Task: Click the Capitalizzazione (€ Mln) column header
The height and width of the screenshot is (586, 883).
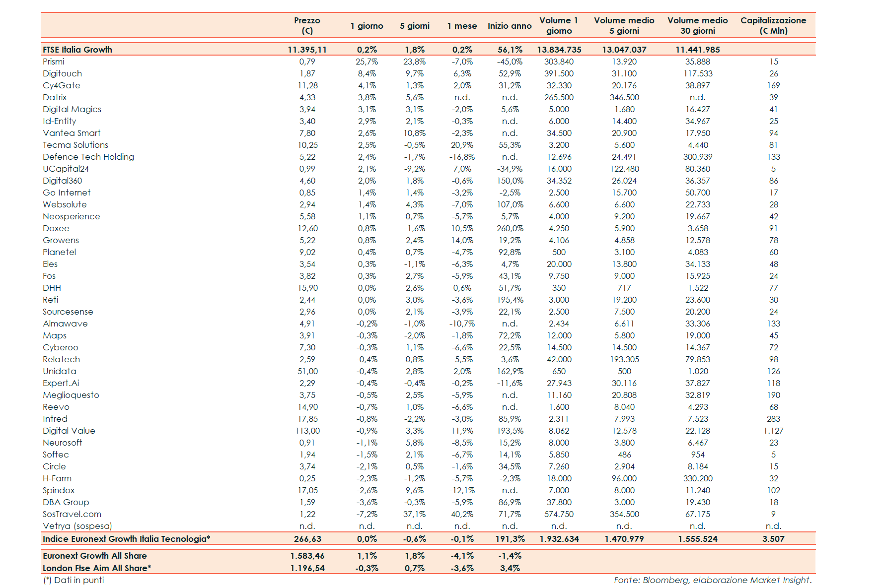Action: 773,25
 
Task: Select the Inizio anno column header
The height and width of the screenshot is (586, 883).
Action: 510,26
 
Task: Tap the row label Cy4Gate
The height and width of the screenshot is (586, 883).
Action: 62,85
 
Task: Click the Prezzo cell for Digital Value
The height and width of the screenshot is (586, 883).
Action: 307,431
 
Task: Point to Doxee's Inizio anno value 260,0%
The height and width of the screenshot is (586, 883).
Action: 510,228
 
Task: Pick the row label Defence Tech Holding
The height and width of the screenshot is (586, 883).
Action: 88,157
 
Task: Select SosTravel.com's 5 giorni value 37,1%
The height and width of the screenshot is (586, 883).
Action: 414,514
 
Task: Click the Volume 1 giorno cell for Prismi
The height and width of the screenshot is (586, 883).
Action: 559,62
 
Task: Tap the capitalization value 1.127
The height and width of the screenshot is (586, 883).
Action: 773,431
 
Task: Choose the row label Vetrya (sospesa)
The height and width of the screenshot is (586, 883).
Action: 77,526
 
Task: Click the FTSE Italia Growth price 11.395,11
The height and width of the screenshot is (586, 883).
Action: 307,50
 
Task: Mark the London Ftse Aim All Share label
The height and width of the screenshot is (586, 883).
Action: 97,568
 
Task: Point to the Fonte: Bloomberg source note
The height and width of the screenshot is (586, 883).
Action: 712,580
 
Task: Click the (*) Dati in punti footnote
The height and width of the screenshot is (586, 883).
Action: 74,580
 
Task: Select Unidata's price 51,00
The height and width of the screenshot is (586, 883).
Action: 307,371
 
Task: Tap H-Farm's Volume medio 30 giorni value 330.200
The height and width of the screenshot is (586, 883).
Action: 697,478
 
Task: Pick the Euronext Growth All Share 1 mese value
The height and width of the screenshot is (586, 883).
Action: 462,556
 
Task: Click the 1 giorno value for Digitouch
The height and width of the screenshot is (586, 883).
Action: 367,73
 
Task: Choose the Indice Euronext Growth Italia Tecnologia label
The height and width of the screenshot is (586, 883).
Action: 127,539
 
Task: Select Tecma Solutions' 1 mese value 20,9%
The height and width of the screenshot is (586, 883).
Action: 462,145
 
